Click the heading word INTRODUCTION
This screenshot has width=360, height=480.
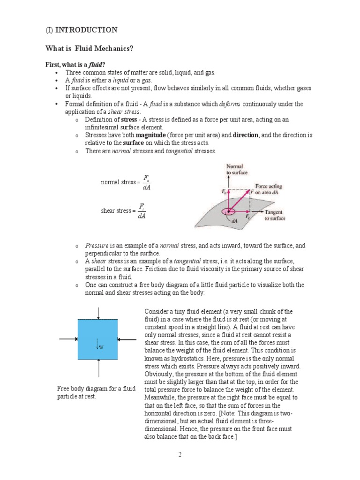(x=86, y=30)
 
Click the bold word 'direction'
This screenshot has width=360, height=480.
(x=245, y=135)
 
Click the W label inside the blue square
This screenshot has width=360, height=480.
(x=100, y=346)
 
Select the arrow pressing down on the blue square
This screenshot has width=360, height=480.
(x=97, y=313)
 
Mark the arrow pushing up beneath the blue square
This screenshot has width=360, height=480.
(x=97, y=367)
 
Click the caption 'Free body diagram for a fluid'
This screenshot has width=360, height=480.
(x=96, y=389)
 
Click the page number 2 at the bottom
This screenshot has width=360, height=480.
(x=180, y=454)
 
